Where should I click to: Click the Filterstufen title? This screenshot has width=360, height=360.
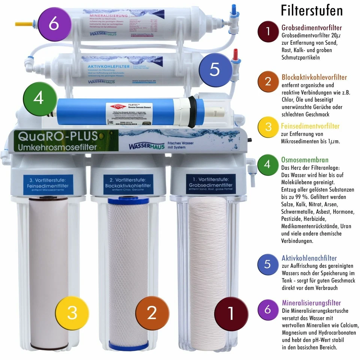(x=312, y=10)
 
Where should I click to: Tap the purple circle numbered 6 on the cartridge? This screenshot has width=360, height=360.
(x=54, y=24)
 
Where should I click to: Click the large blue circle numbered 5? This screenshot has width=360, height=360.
(x=214, y=69)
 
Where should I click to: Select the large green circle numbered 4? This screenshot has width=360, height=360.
(x=39, y=98)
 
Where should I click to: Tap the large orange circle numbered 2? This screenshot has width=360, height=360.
(x=151, y=312)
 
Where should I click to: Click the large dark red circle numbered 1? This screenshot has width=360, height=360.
(x=231, y=313)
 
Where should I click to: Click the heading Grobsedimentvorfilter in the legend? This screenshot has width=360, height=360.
(x=312, y=28)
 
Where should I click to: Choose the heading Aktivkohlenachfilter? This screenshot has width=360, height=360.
(x=309, y=258)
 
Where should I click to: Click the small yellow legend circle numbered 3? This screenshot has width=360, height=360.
(x=268, y=126)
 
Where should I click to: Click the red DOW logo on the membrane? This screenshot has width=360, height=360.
(x=114, y=107)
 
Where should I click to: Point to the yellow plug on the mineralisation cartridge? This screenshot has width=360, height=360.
(x=22, y=24)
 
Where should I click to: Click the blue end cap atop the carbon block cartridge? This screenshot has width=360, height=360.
(x=129, y=201)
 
